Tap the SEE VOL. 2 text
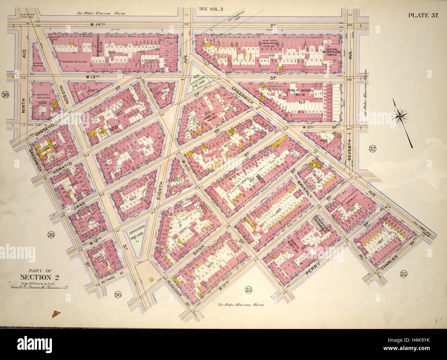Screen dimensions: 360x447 (211, 9)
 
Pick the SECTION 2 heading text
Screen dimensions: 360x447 (39, 277)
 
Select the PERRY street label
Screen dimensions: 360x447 (314, 267)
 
